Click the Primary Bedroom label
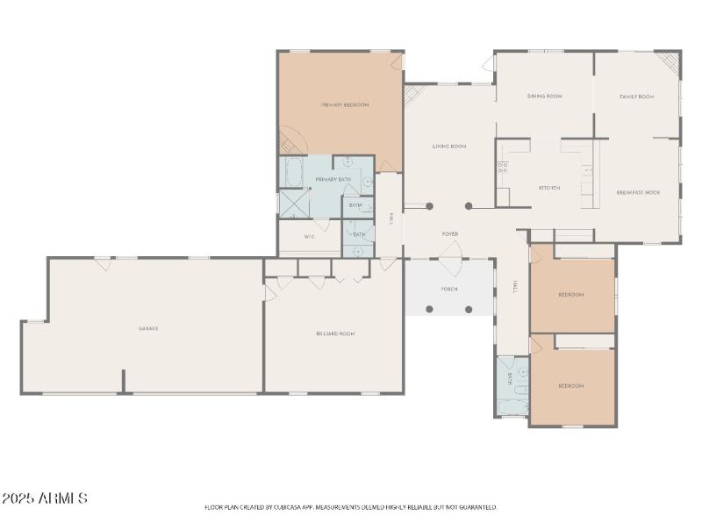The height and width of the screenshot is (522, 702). (344, 105)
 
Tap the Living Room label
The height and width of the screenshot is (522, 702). (448, 147)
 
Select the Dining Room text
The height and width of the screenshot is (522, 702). (544, 97)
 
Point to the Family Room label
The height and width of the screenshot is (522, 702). (637, 97)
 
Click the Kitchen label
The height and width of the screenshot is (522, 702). (549, 188)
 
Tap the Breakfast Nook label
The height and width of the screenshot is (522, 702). (638, 191)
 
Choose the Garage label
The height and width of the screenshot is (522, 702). (147, 328)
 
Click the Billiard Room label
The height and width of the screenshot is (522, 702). (334, 333)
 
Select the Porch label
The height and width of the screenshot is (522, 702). (448, 289)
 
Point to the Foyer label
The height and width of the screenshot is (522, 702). (449, 234)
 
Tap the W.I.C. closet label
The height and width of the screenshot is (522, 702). (310, 237)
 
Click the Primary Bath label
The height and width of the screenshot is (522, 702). (333, 180)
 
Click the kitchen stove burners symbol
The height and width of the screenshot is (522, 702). (503, 166)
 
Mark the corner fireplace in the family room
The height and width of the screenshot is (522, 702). (670, 62)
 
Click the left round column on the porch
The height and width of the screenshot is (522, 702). (429, 309)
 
